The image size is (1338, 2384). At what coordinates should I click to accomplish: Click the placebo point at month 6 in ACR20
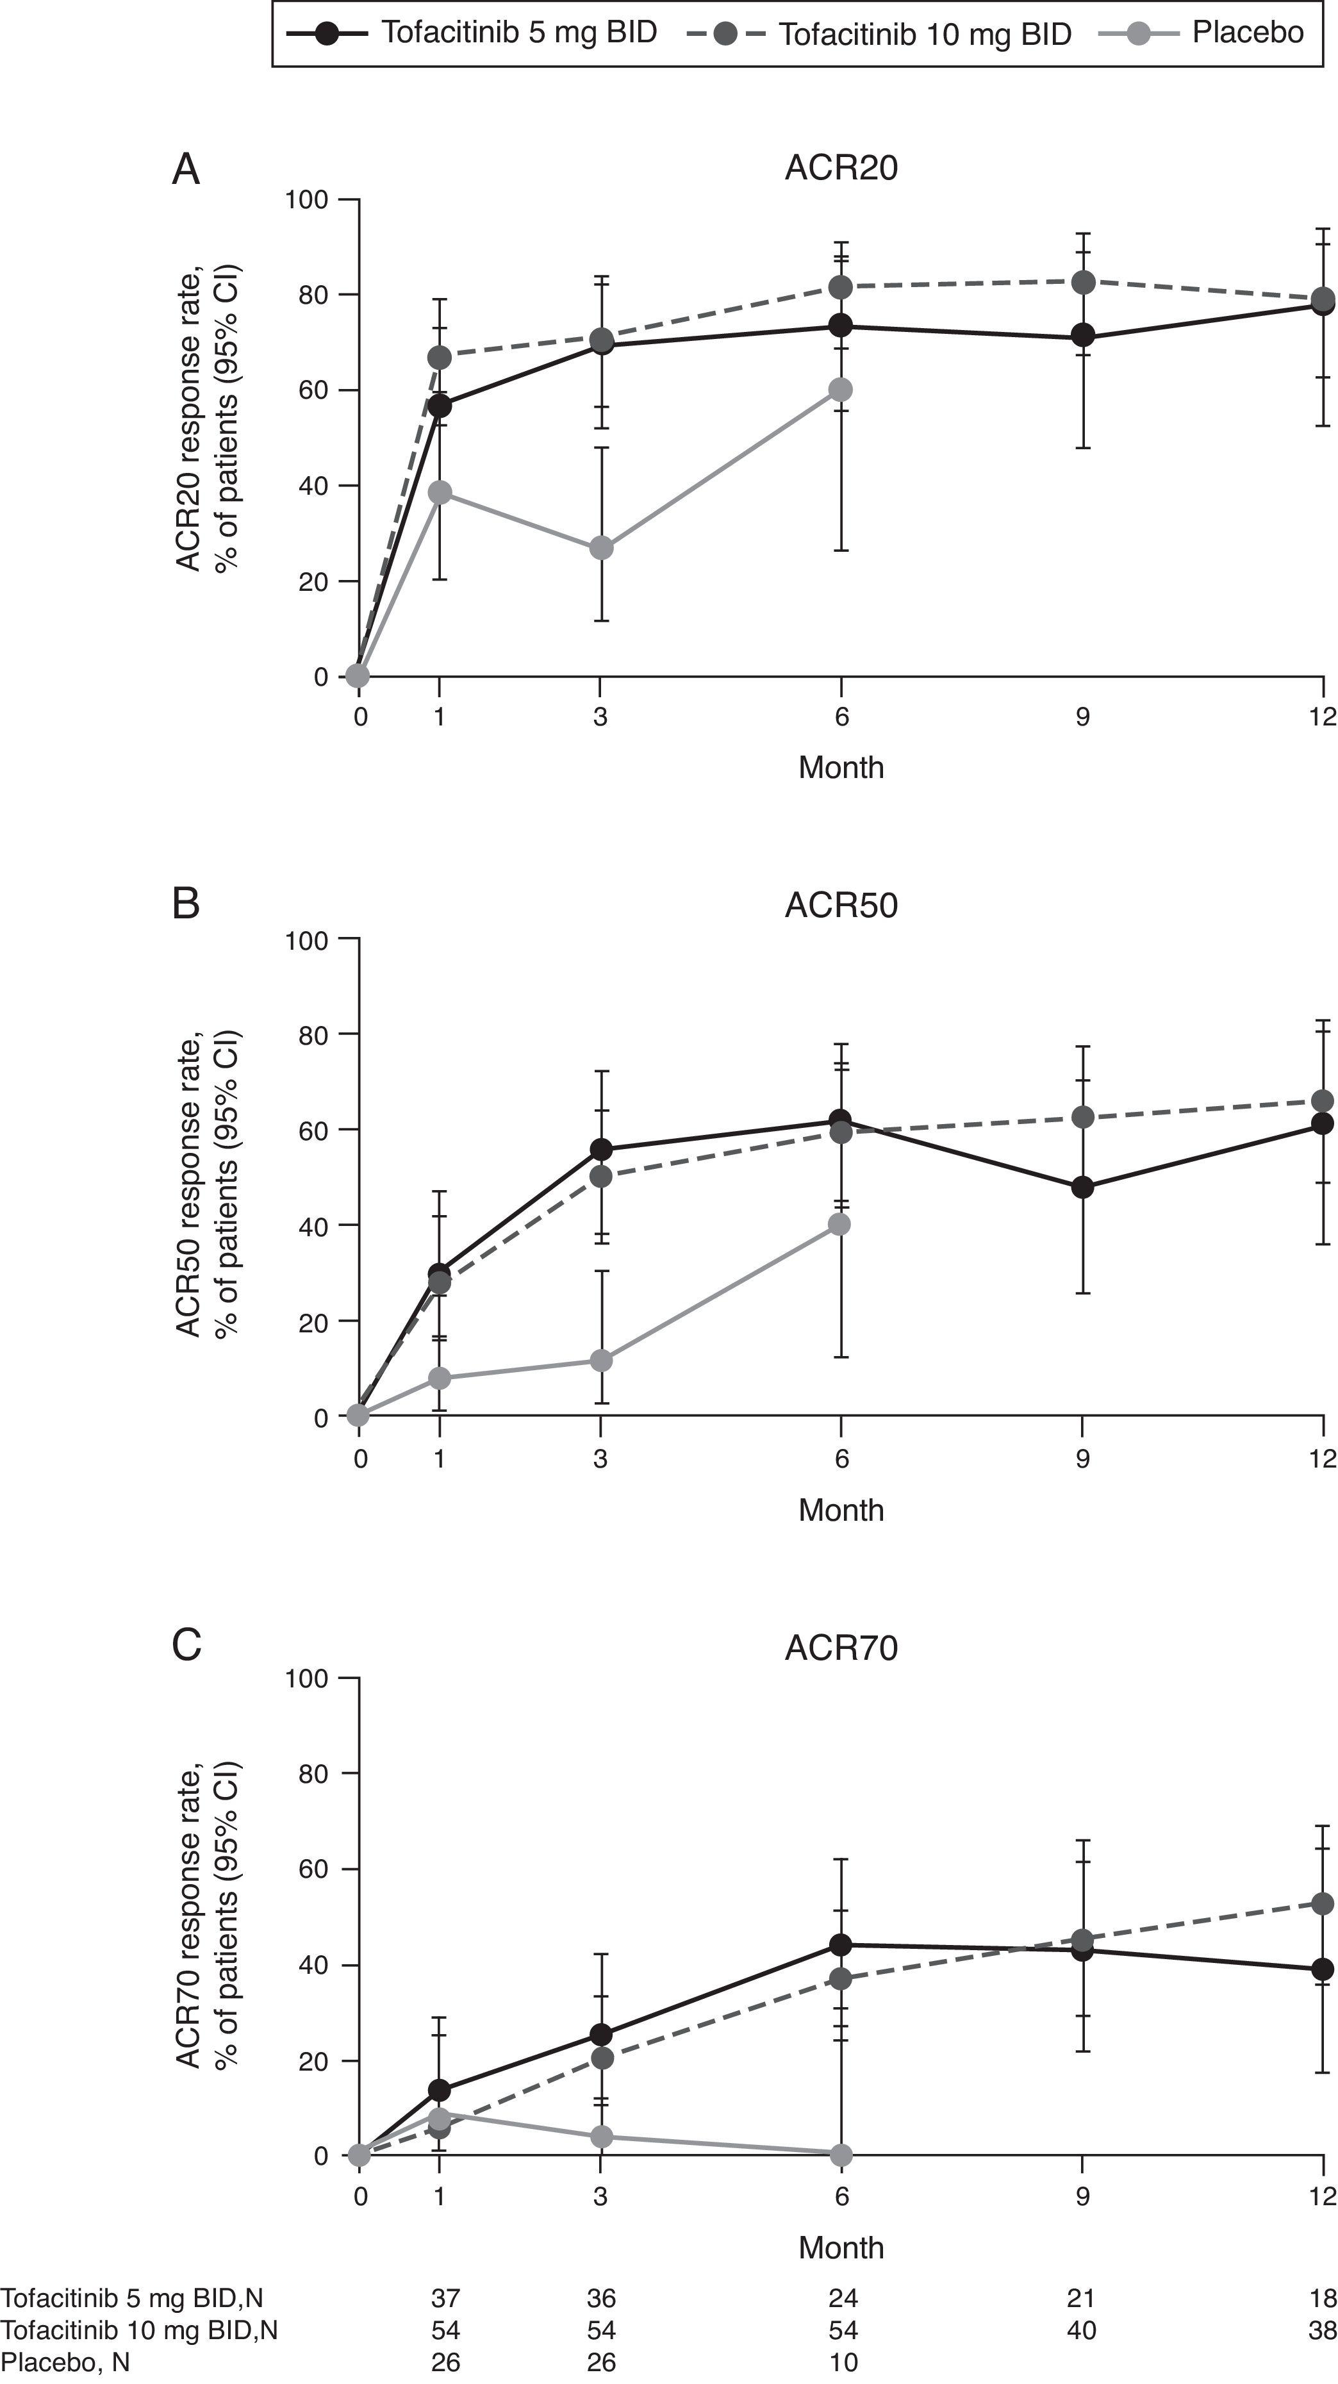pos(840,390)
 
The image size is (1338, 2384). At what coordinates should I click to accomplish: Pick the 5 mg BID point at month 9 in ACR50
pos(1082,1188)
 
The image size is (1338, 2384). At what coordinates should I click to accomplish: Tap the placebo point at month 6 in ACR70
pos(840,2155)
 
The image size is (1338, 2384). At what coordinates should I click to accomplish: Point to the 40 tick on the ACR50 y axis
pos(315,1225)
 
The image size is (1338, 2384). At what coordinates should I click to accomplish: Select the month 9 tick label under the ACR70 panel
pos(1082,2196)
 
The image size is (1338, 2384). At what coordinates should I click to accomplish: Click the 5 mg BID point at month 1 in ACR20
pos(440,406)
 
